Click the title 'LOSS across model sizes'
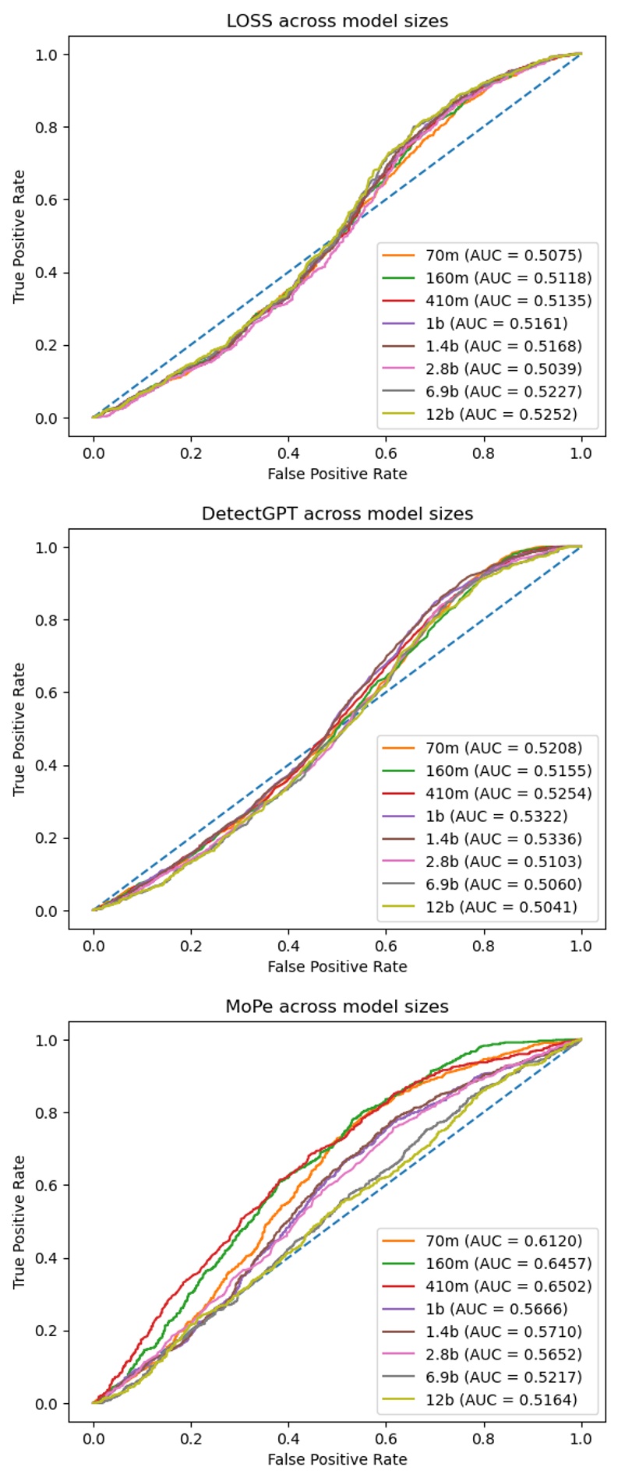[x=337, y=21]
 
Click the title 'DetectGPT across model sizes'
[x=337, y=513]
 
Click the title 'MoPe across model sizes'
[x=337, y=1006]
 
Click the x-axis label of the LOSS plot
[x=337, y=474]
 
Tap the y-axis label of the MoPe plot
[x=19, y=1222]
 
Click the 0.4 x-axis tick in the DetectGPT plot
[x=288, y=946]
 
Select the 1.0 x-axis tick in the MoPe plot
[x=581, y=1438]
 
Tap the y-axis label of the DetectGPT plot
[x=19, y=729]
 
